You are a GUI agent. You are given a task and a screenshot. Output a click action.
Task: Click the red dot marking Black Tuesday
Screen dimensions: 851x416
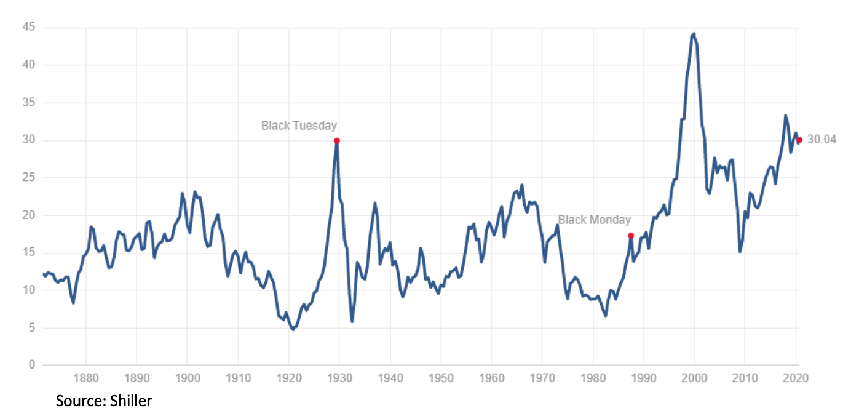tap(336, 141)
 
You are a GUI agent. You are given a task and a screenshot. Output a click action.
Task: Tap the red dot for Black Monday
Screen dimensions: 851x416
tap(631, 236)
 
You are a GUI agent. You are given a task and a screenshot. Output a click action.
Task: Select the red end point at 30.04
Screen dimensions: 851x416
tap(799, 140)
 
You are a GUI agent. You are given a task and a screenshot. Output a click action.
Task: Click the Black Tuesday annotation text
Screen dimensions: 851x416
tap(299, 126)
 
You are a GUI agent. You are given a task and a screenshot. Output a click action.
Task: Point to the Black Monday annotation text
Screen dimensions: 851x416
tap(594, 220)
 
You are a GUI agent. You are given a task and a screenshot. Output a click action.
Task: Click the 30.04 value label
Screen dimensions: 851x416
tap(821, 140)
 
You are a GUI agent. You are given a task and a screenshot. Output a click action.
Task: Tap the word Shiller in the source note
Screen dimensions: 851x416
tap(131, 401)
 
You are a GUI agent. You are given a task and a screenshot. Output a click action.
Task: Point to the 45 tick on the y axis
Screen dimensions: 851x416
tap(28, 27)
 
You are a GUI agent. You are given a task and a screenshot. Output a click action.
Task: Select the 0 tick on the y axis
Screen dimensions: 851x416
tap(32, 365)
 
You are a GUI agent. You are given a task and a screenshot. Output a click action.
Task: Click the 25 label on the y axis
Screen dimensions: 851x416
tap(28, 177)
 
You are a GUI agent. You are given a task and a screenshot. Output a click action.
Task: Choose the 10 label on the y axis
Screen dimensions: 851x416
tap(28, 290)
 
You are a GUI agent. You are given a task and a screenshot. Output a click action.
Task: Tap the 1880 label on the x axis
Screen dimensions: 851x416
tap(86, 378)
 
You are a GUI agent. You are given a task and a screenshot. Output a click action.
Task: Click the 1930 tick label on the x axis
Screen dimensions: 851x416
tap(339, 378)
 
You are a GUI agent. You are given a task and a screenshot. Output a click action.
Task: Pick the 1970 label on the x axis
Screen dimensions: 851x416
tap(542, 378)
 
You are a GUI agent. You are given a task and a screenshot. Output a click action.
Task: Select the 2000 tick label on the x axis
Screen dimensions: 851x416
tap(694, 378)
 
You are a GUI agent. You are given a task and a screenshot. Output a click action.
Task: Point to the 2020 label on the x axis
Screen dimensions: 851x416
tap(796, 378)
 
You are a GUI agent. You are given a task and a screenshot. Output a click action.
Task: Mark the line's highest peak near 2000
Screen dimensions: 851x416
tap(694, 34)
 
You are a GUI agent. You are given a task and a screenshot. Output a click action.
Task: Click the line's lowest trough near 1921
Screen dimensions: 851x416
tap(293, 329)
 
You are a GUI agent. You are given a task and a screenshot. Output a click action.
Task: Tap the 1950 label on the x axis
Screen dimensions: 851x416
tap(441, 378)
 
